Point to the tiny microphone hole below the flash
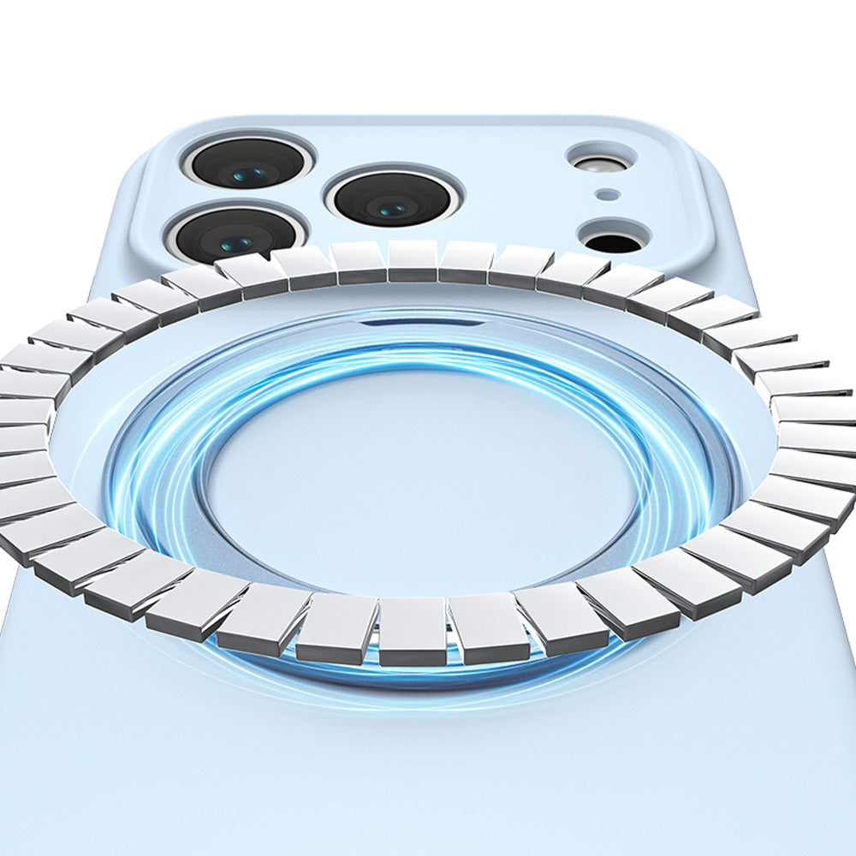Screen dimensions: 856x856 tap(607, 194)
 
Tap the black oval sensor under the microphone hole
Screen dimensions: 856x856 tap(612, 241)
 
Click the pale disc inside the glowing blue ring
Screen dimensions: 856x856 tap(419, 479)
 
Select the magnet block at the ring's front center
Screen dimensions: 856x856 tap(413, 632)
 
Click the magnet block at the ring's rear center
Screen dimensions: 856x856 tap(413, 259)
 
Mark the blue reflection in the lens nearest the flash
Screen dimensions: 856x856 tap(394, 208)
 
